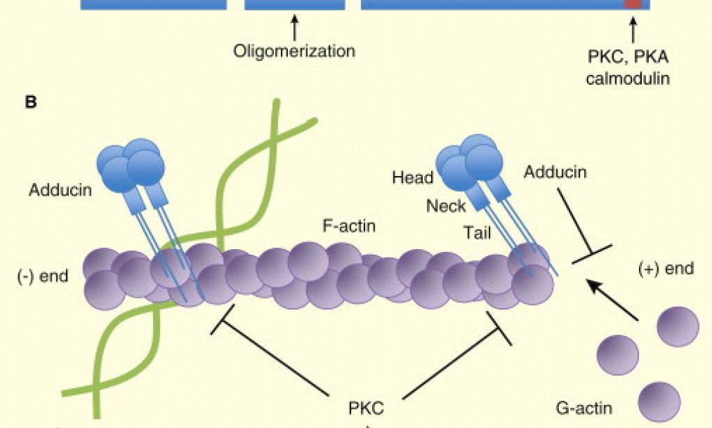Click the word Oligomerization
tap(293, 51)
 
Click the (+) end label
tap(665, 269)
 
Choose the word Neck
tap(446, 206)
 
